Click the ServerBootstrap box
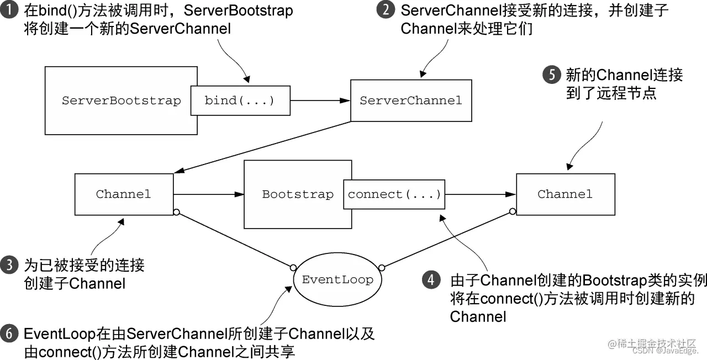(x=122, y=101)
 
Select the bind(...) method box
(x=240, y=101)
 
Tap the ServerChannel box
(x=410, y=101)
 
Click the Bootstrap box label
(x=298, y=194)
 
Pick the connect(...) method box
(x=394, y=194)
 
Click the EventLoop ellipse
(x=337, y=279)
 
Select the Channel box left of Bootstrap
(x=123, y=194)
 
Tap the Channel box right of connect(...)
(x=565, y=194)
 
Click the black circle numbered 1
(x=9, y=10)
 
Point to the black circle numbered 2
(x=386, y=10)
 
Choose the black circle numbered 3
(x=9, y=266)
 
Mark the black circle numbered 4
(x=431, y=280)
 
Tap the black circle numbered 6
(x=9, y=334)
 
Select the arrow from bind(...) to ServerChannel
(x=320, y=101)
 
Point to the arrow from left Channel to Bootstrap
(x=209, y=194)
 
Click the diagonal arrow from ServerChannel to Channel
(x=262, y=147)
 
